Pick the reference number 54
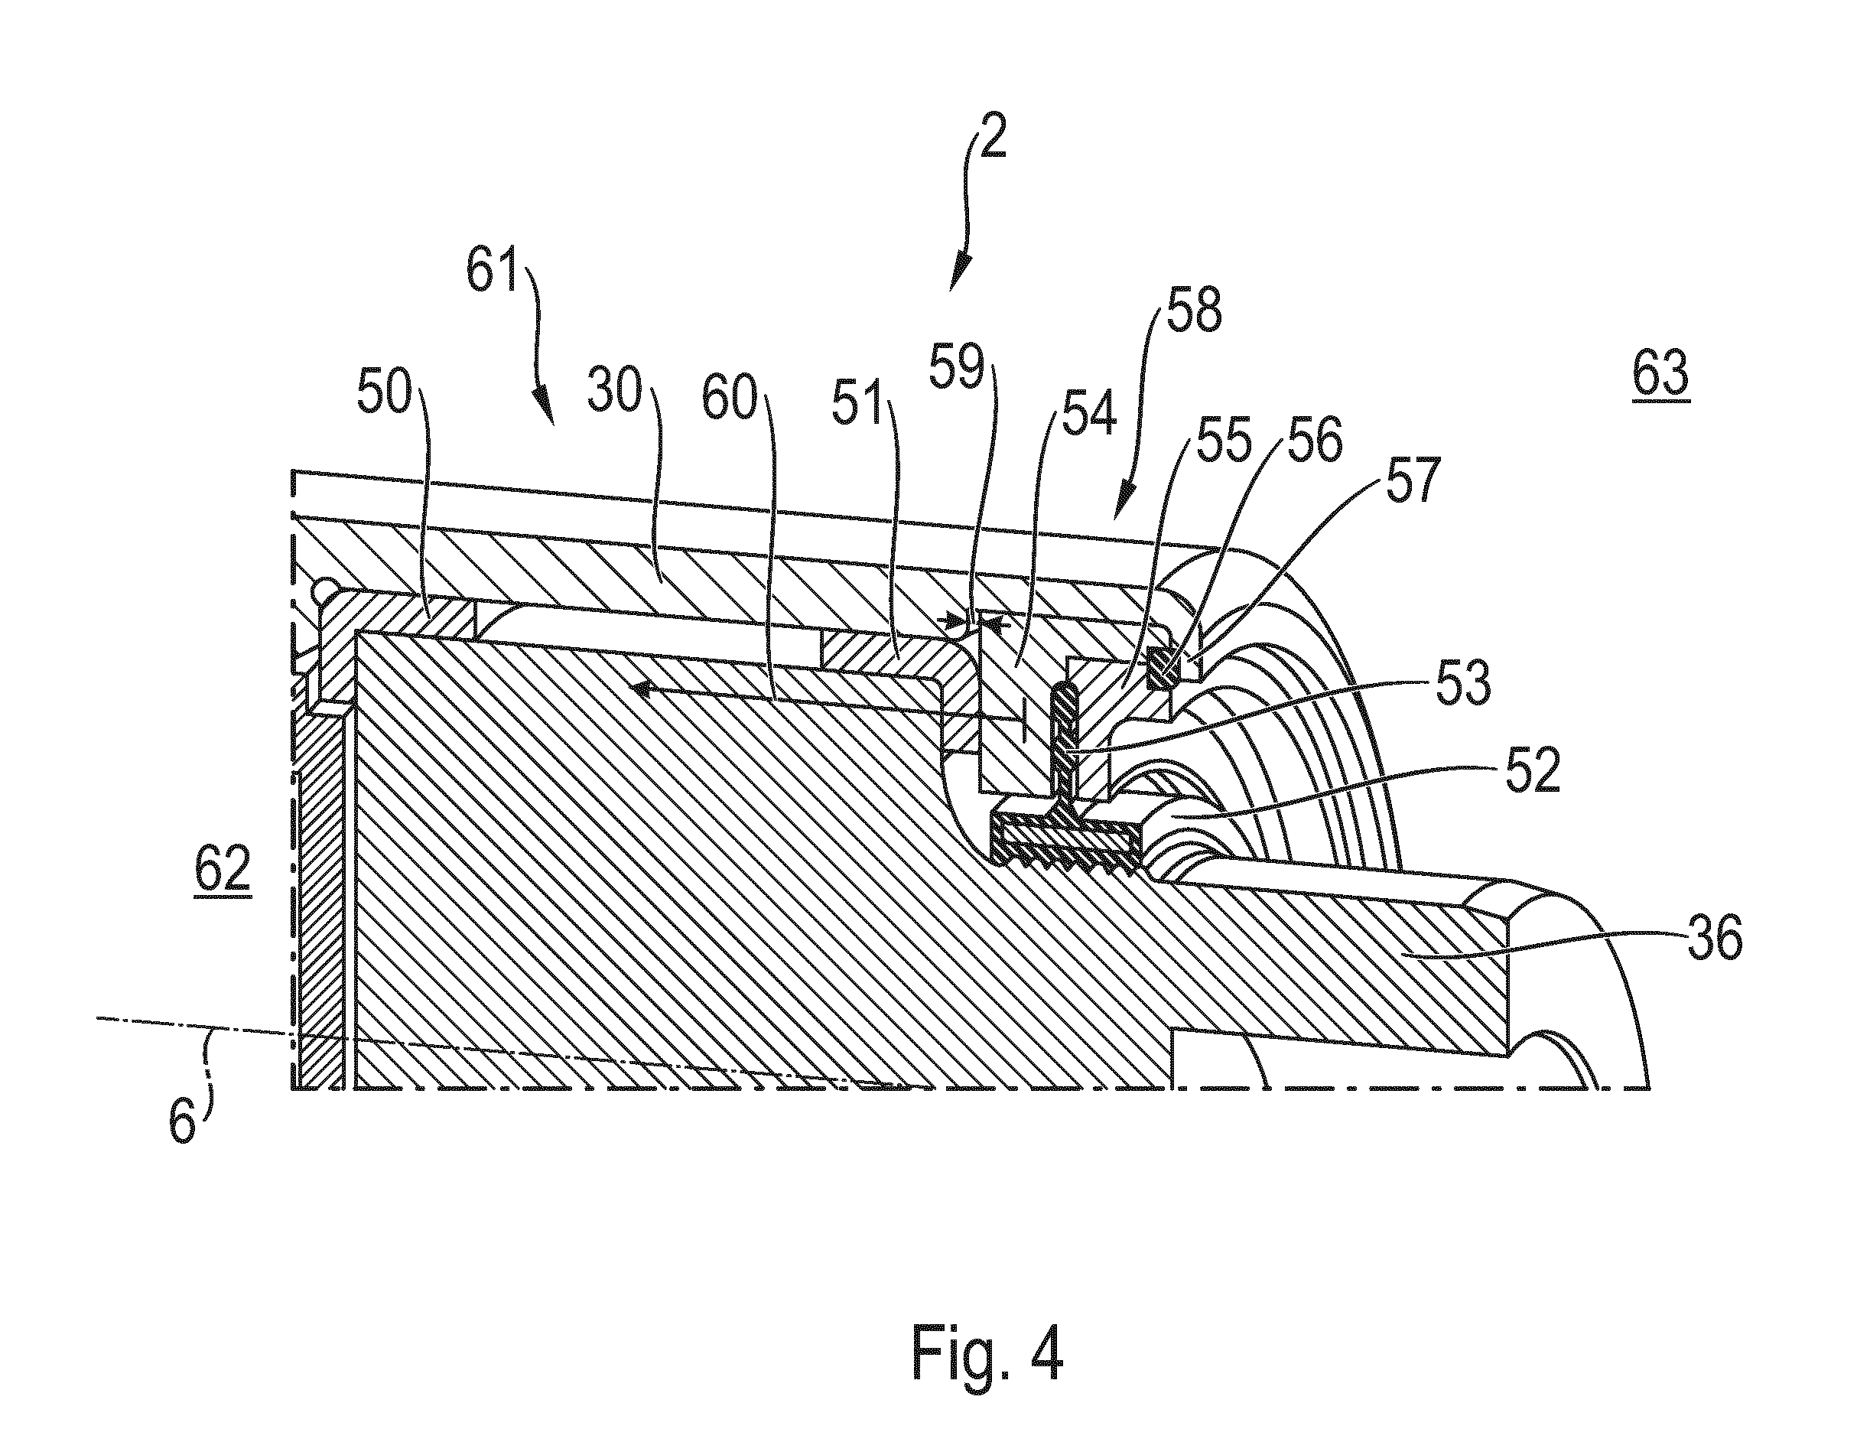(x=1090, y=413)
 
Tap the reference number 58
(x=1192, y=310)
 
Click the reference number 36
(x=1715, y=940)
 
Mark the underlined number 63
(x=1660, y=374)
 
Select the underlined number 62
(x=223, y=870)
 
